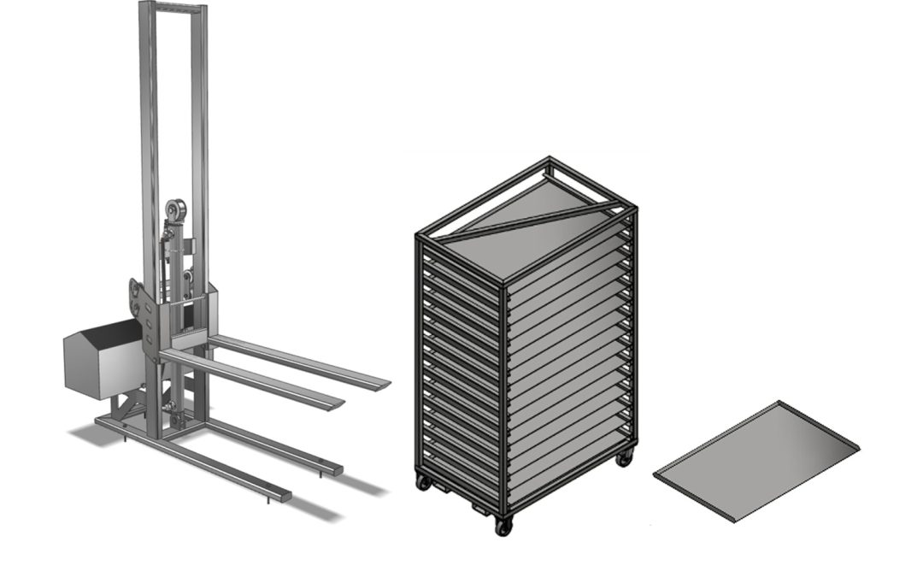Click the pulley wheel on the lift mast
click(177, 208)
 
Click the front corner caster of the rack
click(503, 525)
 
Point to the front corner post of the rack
click(504, 393)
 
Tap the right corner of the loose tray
click(857, 445)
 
